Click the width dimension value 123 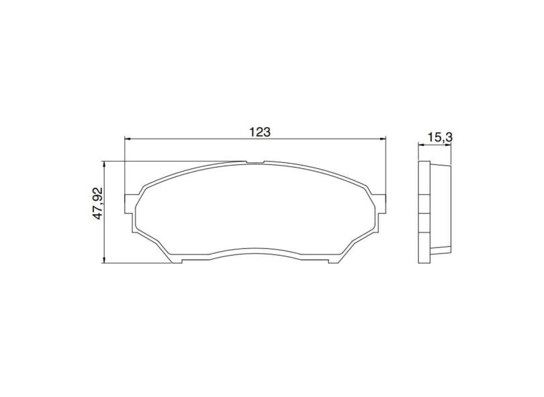(x=260, y=132)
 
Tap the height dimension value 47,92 (x=97, y=204)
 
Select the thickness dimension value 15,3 (x=440, y=137)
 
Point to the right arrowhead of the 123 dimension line (x=384, y=139)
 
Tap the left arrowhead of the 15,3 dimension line (x=421, y=145)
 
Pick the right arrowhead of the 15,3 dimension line (x=450, y=145)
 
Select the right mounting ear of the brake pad (x=382, y=203)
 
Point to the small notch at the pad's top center (x=256, y=162)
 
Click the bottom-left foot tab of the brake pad (x=173, y=260)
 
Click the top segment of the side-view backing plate (x=424, y=179)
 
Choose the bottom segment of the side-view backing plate (x=424, y=248)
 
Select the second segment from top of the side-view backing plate (x=424, y=204)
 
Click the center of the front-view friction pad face (x=256, y=209)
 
